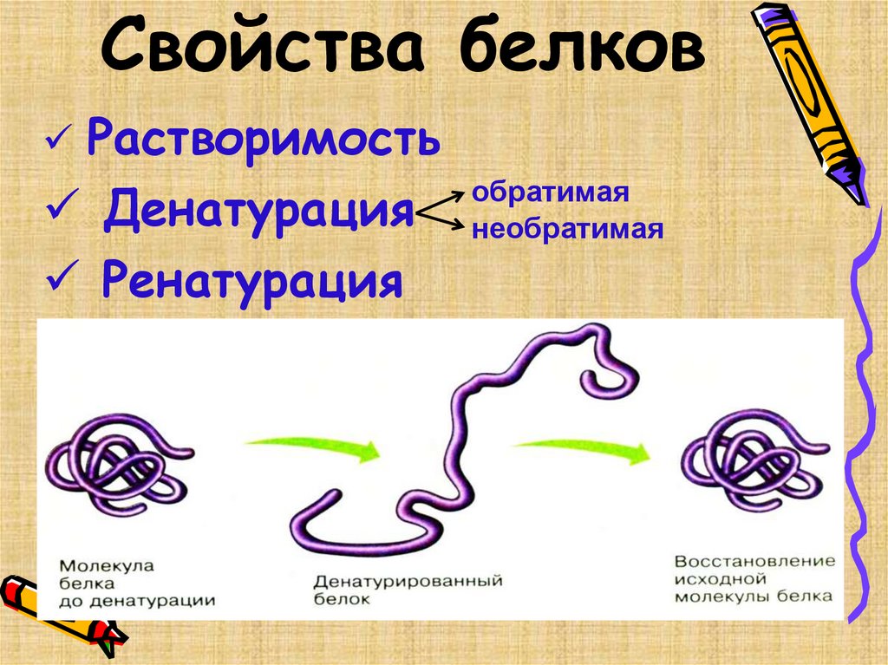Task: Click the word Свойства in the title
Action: (264, 49)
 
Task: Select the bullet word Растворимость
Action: (262, 140)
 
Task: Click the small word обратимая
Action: (548, 192)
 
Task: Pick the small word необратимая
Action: (566, 230)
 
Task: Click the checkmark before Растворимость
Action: (61, 140)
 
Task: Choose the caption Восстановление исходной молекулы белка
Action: (754, 578)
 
